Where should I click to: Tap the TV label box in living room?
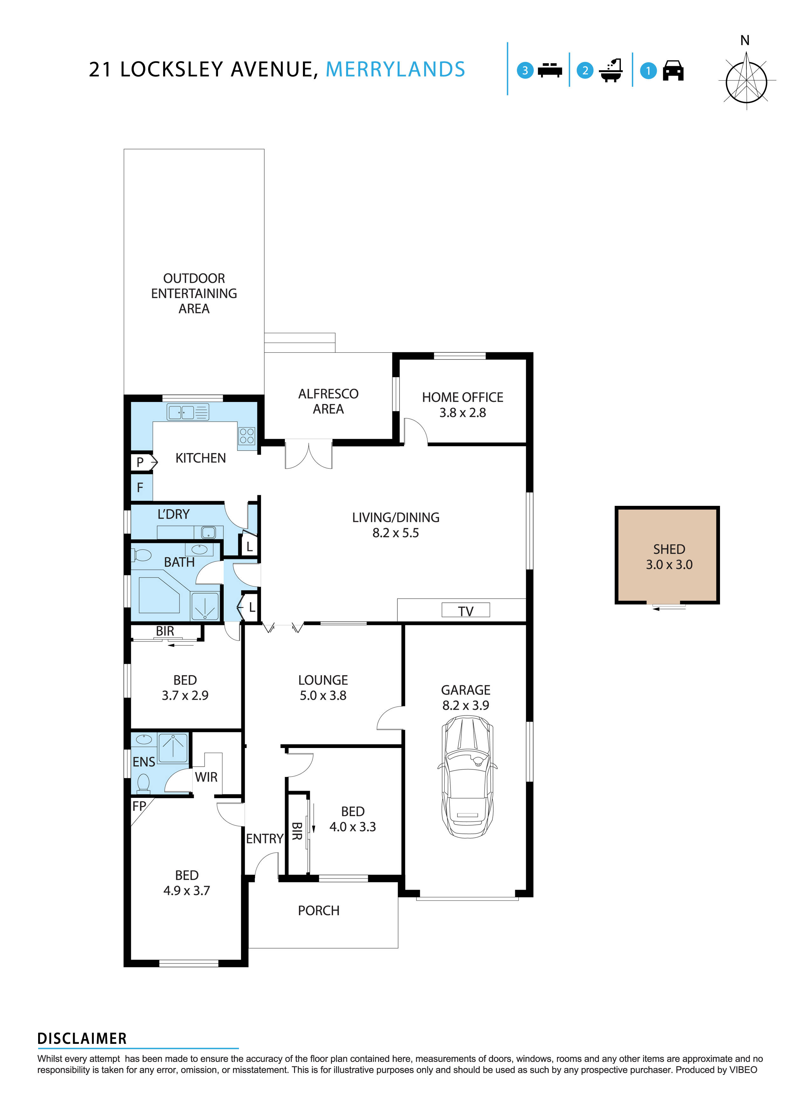point(465,610)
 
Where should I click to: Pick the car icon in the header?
point(673,71)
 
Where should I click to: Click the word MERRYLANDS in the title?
point(395,70)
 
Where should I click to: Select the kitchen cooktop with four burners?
point(246,436)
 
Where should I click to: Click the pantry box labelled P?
point(141,462)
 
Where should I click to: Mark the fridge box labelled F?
point(141,487)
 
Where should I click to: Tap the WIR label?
point(206,777)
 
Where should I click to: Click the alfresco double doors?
point(308,454)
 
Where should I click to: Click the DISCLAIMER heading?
point(82,1039)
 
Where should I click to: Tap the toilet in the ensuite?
point(143,782)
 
